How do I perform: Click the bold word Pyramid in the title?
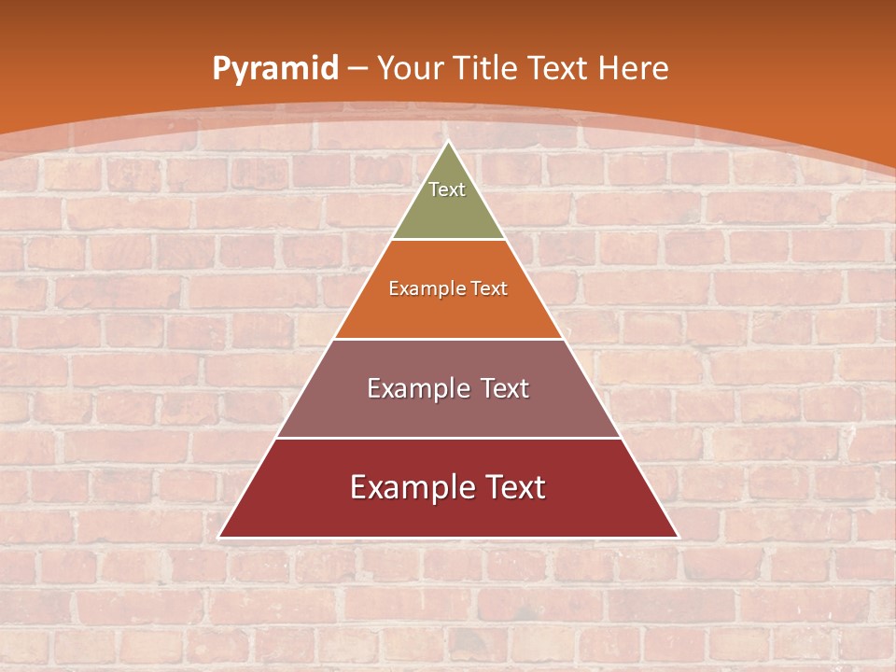coord(274,69)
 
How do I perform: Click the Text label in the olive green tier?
coord(447,189)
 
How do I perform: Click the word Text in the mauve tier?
coord(504,388)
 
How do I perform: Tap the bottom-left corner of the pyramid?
coord(220,537)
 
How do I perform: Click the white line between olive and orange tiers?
coord(449,240)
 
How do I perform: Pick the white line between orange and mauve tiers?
coord(449,339)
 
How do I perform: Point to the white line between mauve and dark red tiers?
coord(449,438)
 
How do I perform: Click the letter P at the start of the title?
coord(220,69)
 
